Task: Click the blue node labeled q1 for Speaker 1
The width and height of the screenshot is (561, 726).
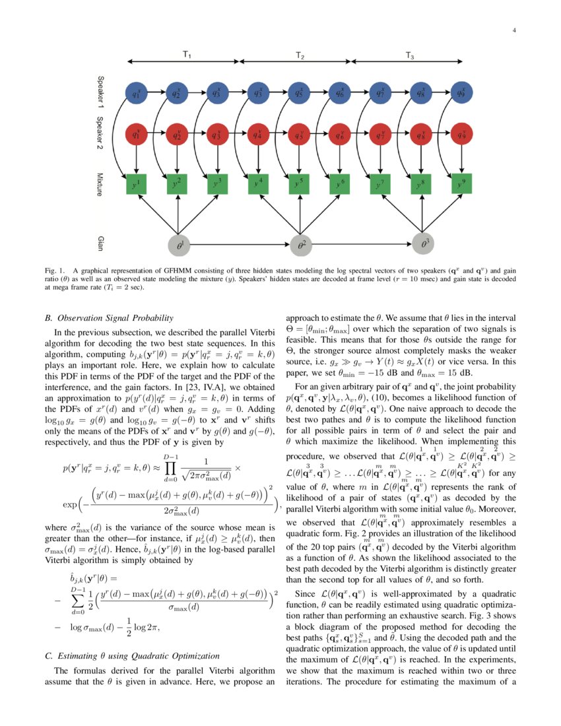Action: click(x=136, y=93)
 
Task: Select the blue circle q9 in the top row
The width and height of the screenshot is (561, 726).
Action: click(x=462, y=93)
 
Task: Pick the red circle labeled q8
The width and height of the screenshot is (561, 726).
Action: click(x=421, y=136)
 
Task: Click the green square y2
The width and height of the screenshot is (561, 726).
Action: click(x=176, y=184)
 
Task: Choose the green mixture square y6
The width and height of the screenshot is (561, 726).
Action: click(x=340, y=184)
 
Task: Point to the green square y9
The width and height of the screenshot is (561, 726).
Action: click(x=462, y=184)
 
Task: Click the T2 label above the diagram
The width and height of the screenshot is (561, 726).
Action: click(x=300, y=55)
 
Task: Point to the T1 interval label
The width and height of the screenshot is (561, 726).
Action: click(x=187, y=55)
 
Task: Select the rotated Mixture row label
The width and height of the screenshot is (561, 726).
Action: click(x=100, y=184)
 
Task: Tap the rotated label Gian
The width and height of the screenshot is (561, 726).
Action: click(x=100, y=244)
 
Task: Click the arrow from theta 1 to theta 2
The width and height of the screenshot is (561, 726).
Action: click(x=238, y=245)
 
